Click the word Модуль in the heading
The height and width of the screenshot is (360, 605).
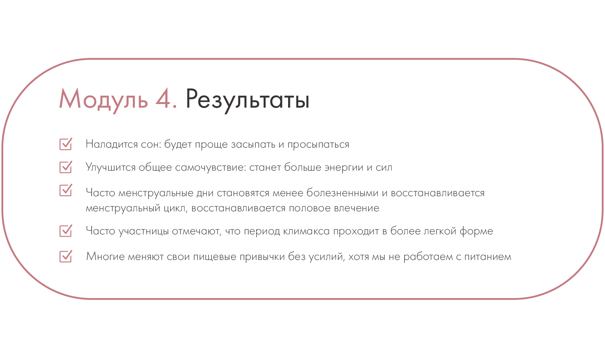[103, 99]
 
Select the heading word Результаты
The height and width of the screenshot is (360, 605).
[247, 99]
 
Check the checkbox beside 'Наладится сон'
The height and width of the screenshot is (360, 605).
[66, 144]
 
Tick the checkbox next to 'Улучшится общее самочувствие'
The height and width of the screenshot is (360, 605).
[66, 167]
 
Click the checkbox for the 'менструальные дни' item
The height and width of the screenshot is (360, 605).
[66, 190]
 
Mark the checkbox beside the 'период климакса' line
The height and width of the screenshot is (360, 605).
[66, 231]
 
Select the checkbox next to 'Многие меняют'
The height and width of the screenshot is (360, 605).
[66, 256]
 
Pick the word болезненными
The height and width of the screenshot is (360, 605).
[342, 193]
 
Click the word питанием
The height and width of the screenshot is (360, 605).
[488, 257]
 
